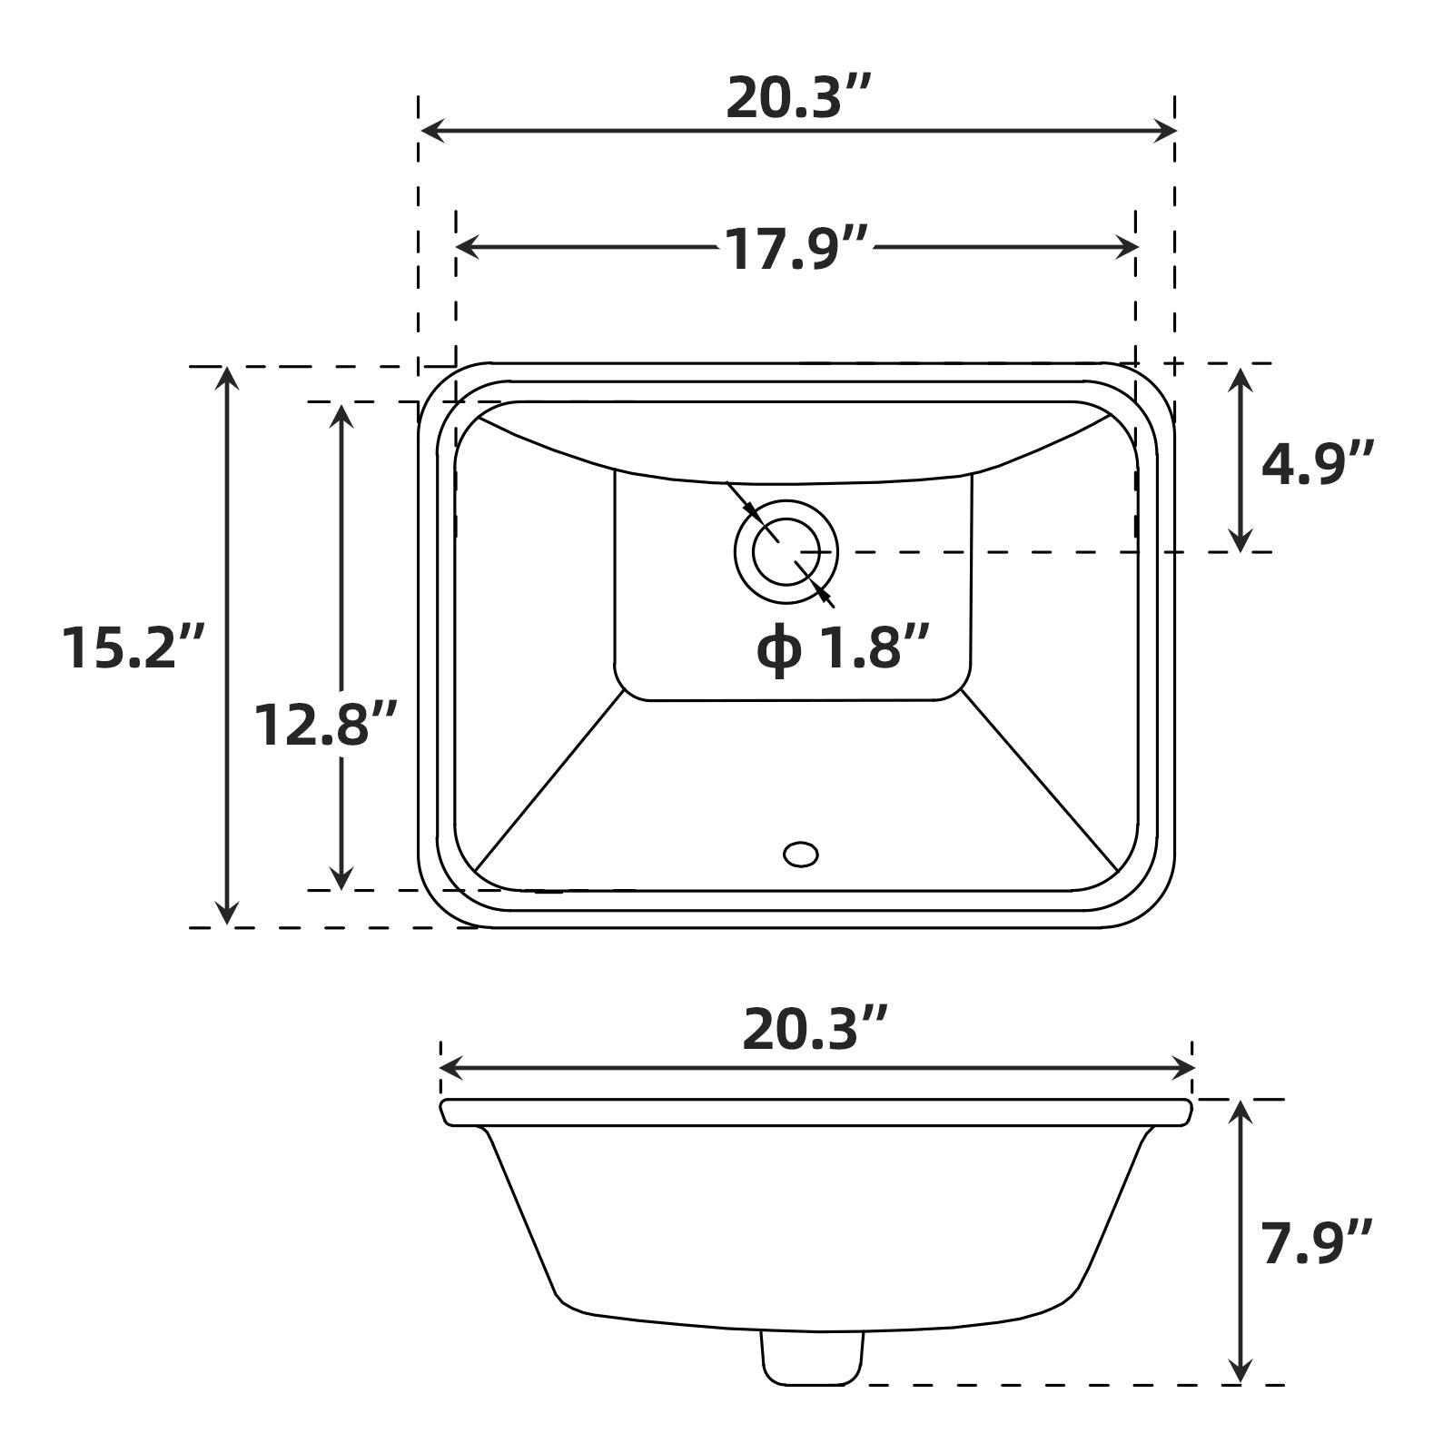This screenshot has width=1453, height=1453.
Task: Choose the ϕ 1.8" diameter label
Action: tap(843, 648)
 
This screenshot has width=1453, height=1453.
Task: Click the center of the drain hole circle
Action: tap(786, 551)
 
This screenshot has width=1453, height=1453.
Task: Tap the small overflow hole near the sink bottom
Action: tap(800, 855)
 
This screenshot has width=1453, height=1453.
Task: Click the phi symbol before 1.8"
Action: tap(778, 650)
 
